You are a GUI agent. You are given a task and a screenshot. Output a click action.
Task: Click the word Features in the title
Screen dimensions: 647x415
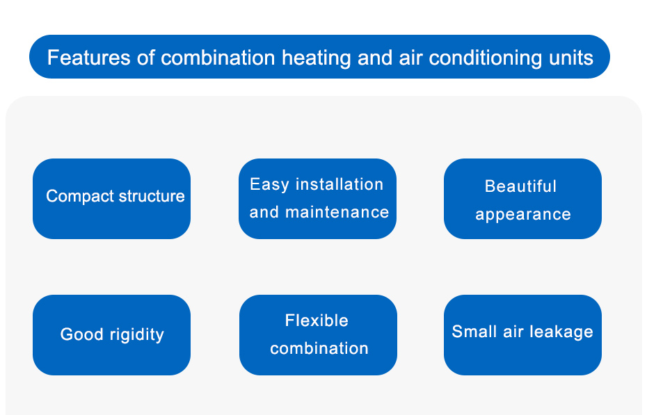pyautogui.click(x=89, y=57)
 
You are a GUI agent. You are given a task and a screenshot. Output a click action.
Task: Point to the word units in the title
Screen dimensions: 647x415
pyautogui.click(x=571, y=58)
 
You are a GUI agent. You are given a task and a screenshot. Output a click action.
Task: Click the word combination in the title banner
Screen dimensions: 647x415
pyautogui.click(x=218, y=57)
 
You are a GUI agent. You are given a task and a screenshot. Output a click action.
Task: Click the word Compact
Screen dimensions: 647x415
pyautogui.click(x=81, y=196)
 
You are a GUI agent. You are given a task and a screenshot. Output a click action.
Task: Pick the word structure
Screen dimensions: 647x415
pyautogui.click(x=152, y=196)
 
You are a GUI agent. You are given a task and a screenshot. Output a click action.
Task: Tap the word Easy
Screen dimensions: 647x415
pyautogui.click(x=269, y=185)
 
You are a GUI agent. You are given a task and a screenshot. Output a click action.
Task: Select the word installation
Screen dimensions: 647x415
pyautogui.click(x=340, y=184)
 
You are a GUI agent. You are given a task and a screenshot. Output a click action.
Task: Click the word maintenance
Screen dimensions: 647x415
pyautogui.click(x=337, y=212)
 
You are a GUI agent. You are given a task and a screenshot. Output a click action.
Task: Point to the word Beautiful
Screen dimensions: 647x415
pyautogui.click(x=521, y=186)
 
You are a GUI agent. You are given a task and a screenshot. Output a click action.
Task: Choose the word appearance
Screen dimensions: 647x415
pyautogui.click(x=523, y=215)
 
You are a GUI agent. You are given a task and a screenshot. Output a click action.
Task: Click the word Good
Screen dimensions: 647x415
pyautogui.click(x=81, y=334)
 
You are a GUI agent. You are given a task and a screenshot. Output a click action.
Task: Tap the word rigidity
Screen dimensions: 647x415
pyautogui.click(x=137, y=334)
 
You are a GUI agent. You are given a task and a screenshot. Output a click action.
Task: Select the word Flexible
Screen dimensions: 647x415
pyautogui.click(x=317, y=320)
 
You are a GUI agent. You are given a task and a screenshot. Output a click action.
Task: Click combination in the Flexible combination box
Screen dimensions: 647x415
pyautogui.click(x=319, y=349)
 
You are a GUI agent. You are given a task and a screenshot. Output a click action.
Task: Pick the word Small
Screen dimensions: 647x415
pyautogui.click(x=474, y=332)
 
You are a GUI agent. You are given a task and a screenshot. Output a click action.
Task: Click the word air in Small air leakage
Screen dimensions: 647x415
pyautogui.click(x=513, y=332)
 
